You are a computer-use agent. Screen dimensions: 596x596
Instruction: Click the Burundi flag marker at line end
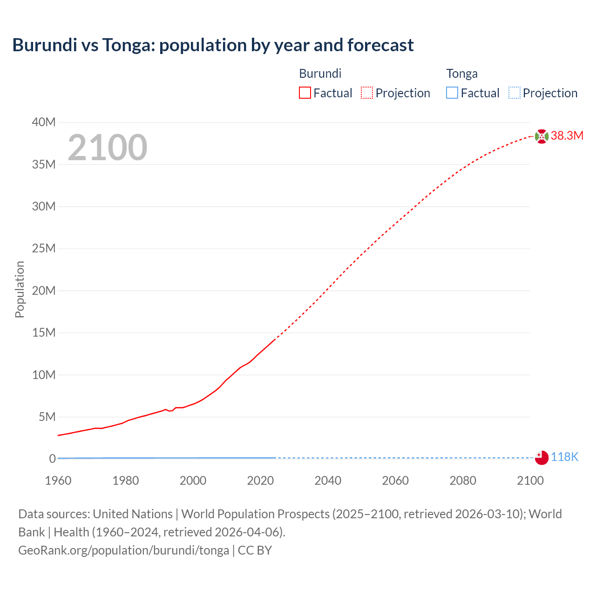[x=542, y=136]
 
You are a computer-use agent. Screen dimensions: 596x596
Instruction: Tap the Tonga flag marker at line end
[x=542, y=458]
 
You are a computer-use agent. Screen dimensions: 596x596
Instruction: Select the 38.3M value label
[x=567, y=136]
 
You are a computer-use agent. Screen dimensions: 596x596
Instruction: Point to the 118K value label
[x=564, y=457]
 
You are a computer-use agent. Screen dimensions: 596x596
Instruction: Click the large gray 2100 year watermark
[x=108, y=148]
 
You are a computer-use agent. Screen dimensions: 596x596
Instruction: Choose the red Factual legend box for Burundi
[x=305, y=93]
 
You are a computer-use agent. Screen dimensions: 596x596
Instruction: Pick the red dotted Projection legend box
[x=367, y=93]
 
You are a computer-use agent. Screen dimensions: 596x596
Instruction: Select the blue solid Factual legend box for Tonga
[x=452, y=93]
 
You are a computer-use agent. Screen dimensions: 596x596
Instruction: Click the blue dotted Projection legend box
[x=515, y=93]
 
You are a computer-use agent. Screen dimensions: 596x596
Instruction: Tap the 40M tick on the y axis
[x=44, y=122]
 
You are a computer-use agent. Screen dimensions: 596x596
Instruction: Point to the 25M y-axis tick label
[x=44, y=249]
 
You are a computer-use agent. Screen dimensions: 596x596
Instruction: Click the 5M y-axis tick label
[x=47, y=417]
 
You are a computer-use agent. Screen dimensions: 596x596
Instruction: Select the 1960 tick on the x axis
[x=58, y=481]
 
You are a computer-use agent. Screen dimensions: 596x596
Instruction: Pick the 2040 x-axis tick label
[x=328, y=481]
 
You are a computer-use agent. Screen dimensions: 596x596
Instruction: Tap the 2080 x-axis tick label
[x=463, y=481]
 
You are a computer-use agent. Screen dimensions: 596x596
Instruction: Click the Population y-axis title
[x=20, y=290]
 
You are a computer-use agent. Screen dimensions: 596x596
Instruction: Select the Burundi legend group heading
[x=320, y=74]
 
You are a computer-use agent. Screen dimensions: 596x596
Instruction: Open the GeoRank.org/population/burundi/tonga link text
[x=123, y=550]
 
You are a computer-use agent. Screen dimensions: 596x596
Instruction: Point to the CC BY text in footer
[x=255, y=550]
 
